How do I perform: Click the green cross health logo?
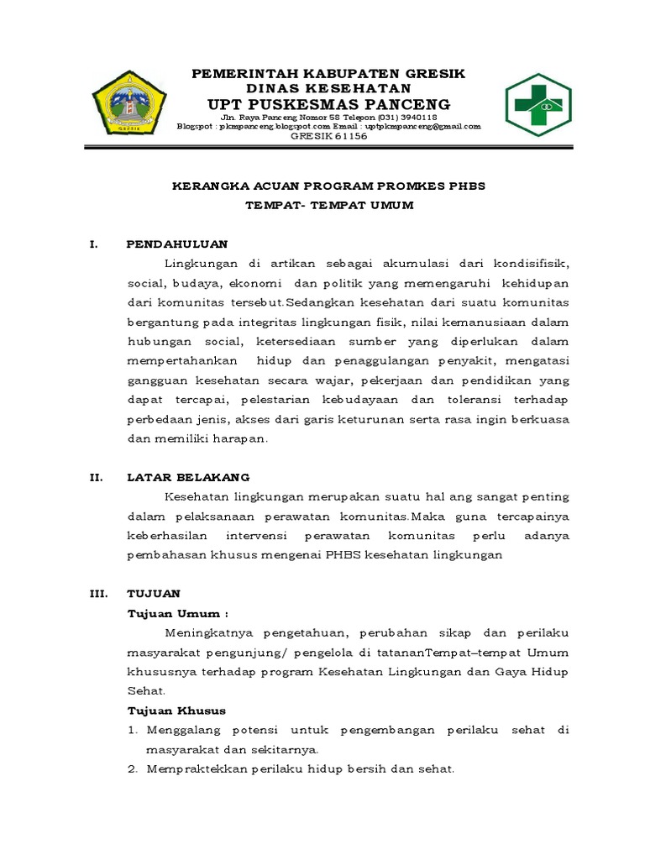[538, 105]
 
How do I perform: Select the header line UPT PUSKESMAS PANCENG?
[328, 104]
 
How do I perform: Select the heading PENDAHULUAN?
[176, 244]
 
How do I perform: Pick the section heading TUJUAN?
[149, 593]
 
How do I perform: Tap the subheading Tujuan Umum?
[177, 613]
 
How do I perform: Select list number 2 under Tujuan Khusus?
[133, 768]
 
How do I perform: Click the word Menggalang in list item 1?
[182, 730]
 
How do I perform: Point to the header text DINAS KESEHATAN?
[328, 88]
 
